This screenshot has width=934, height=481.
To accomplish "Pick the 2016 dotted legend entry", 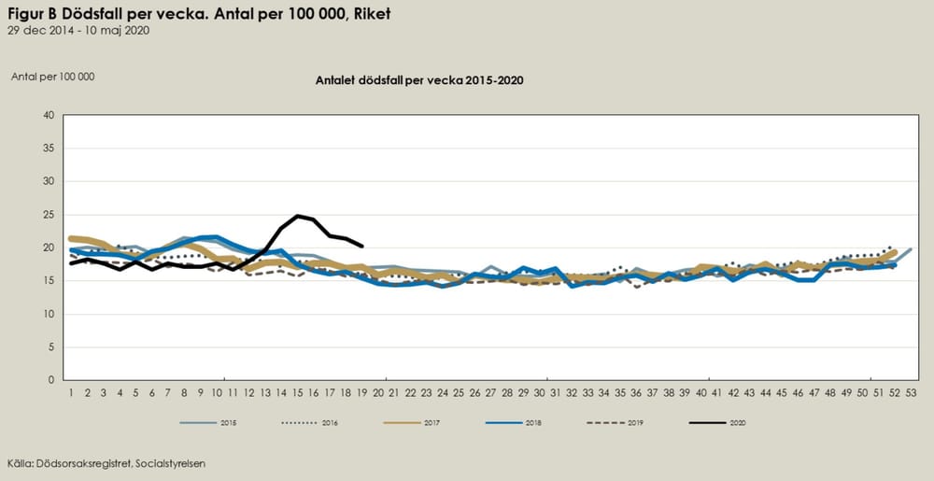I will click(x=312, y=423).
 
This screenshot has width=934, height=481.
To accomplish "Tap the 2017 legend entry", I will click(x=415, y=423).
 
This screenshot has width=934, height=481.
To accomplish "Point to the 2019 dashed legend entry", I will click(x=618, y=423).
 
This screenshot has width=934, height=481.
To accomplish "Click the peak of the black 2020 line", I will click(x=298, y=216).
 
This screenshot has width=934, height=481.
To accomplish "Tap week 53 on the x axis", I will click(x=912, y=392).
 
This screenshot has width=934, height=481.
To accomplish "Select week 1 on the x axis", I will click(x=71, y=392).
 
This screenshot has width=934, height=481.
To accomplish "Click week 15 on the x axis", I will click(x=298, y=392).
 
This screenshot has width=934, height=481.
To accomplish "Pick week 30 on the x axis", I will click(x=539, y=392).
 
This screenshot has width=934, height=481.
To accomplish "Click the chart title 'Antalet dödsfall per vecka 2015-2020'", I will click(x=419, y=80).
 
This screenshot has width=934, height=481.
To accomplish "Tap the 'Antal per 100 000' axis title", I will click(x=53, y=77).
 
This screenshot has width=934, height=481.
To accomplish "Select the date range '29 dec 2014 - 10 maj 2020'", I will click(x=78, y=30).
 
